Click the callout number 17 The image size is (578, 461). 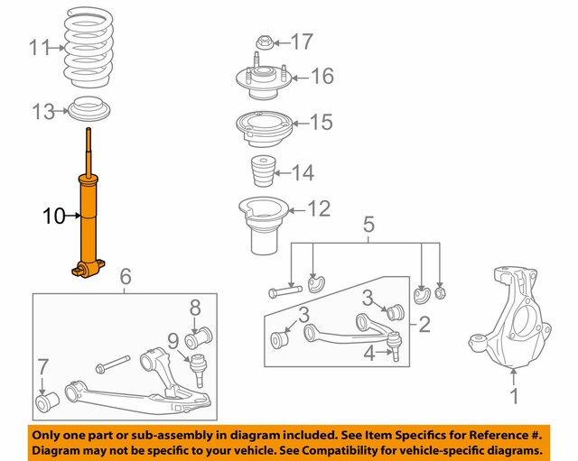(x=302, y=41)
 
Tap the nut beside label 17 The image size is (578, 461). (x=264, y=41)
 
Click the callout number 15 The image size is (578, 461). (x=321, y=122)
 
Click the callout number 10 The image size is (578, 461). (x=54, y=217)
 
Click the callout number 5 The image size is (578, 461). (x=368, y=222)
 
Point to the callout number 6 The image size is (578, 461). (x=126, y=276)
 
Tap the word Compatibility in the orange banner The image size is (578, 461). (x=349, y=448)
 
